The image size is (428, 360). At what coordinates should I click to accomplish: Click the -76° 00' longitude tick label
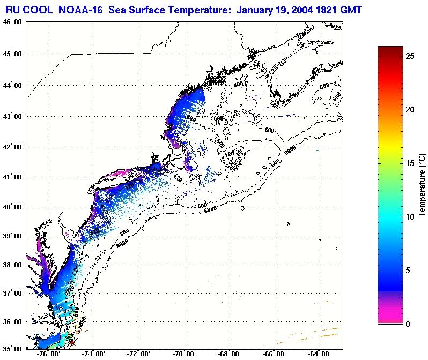tap(49, 354)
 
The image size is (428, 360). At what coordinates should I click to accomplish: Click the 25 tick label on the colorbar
tap(409, 56)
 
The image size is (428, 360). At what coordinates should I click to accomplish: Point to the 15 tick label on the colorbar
tap(409, 163)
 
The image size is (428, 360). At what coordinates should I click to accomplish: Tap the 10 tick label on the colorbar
tap(409, 216)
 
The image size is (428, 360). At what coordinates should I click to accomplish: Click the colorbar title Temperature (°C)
tap(422, 184)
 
